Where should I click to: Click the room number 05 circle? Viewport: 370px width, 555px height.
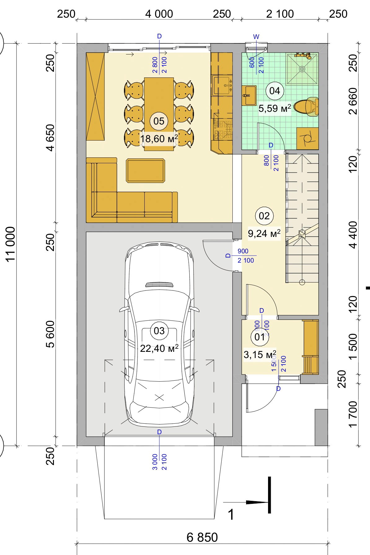[x=159, y=121]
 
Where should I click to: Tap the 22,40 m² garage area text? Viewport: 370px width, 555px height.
[x=159, y=348]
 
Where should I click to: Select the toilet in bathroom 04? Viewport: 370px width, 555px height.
[x=306, y=107]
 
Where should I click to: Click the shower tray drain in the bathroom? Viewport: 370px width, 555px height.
[x=302, y=69]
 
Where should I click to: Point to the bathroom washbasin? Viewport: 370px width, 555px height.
[x=249, y=95]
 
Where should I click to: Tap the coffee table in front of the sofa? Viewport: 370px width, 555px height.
[x=145, y=171]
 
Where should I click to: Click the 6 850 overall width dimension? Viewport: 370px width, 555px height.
[x=202, y=537]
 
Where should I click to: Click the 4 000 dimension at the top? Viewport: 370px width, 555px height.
[x=159, y=14]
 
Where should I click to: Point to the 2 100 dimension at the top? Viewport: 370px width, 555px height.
[x=280, y=14]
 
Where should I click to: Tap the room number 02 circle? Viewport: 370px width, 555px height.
[x=264, y=216]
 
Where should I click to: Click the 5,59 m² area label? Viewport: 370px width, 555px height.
[x=275, y=108]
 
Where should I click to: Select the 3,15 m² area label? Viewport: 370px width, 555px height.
[x=260, y=354]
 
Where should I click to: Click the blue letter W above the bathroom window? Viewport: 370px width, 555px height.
[x=256, y=37]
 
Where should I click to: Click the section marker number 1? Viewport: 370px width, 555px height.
[x=231, y=515]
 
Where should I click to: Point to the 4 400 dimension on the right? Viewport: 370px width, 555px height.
[x=353, y=235]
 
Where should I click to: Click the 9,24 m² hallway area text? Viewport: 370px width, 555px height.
[x=264, y=233]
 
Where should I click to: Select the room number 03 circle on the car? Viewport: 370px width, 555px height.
[x=159, y=330]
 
